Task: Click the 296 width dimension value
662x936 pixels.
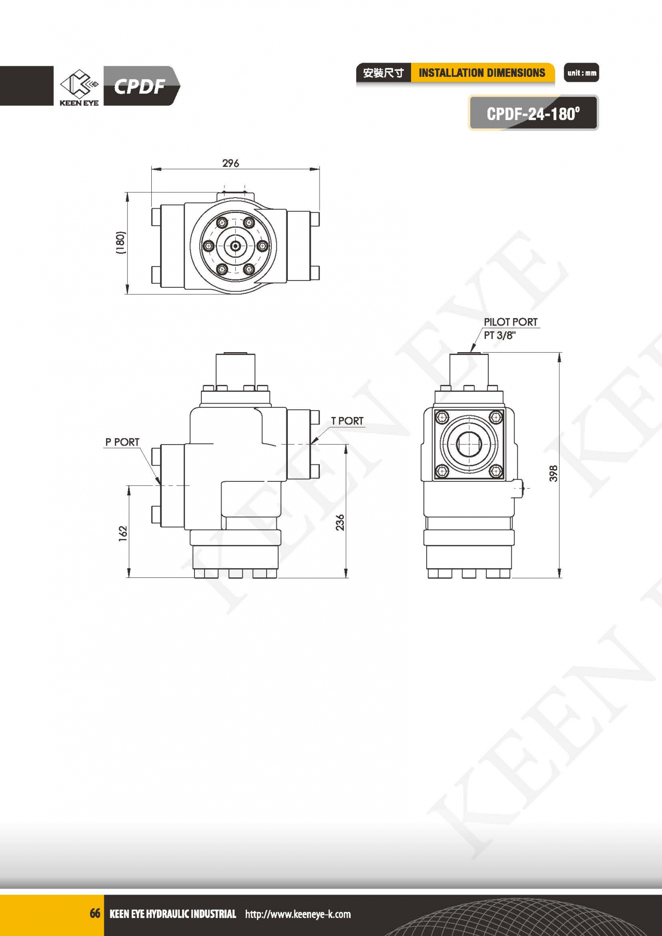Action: (230, 163)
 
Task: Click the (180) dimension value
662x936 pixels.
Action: (120, 243)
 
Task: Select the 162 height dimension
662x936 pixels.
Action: (123, 533)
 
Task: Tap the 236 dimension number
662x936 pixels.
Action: (340, 522)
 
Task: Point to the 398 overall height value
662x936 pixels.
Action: (554, 474)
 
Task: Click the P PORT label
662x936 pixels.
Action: (122, 442)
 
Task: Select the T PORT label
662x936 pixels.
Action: (347, 421)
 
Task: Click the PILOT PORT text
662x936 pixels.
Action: (510, 322)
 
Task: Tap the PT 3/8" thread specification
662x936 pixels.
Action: (500, 335)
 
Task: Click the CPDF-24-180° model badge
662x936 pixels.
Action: (533, 113)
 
